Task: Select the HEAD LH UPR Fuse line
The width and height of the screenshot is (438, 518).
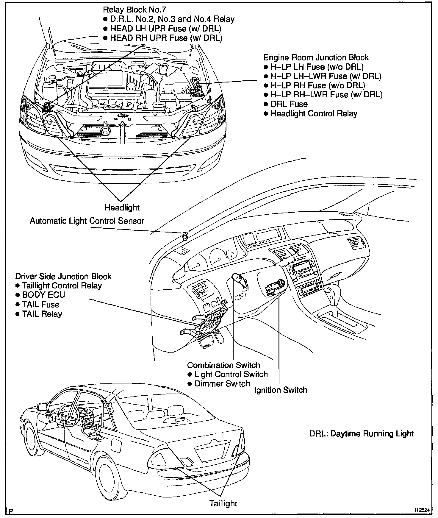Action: coord(165,29)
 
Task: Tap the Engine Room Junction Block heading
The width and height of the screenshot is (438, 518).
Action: coord(316,57)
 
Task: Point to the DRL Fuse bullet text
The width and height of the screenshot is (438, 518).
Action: coord(289,104)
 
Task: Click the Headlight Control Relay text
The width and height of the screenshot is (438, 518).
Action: coord(314,113)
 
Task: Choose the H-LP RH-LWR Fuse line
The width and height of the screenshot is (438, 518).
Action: coord(326,95)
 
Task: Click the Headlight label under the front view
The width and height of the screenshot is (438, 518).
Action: coord(122,207)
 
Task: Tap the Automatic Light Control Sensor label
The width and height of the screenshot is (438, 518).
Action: coord(87,221)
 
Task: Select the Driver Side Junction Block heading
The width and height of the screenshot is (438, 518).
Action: coord(63,276)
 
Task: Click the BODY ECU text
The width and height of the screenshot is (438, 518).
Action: coord(43,295)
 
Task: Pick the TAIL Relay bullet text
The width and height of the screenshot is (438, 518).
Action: coord(42,314)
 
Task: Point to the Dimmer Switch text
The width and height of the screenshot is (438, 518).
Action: coord(222,384)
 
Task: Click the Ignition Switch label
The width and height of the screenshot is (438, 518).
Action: coord(281,390)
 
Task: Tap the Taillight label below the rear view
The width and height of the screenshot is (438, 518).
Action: coord(223,503)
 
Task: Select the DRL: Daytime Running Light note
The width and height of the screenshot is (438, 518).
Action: coord(362,433)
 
